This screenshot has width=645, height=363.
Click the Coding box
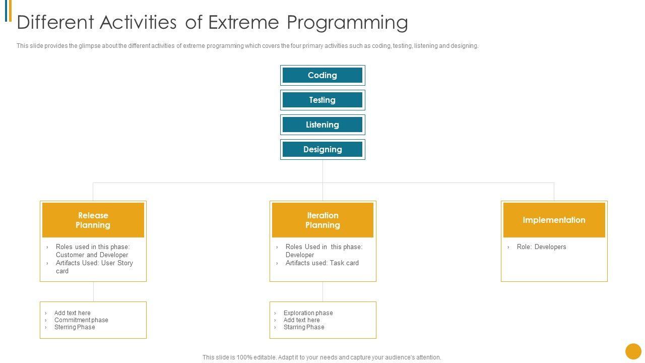322,75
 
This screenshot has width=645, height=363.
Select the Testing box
322,100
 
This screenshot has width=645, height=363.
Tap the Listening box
322,125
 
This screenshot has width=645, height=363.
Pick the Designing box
322,150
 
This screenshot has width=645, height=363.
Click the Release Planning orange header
93,220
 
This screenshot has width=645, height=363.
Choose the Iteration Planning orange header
322,220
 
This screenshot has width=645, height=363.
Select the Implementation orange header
554,220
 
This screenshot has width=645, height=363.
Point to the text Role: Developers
541,247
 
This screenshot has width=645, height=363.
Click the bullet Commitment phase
81,320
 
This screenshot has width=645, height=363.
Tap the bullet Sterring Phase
75,327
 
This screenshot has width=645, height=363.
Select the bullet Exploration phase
308,313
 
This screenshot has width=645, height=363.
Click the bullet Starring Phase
304,327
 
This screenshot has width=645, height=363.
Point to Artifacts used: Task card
322,263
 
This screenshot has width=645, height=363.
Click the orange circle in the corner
633,351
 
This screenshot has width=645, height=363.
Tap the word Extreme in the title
243,22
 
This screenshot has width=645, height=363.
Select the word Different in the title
55,22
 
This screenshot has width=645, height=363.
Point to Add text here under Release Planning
72,313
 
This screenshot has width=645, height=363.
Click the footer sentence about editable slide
321,357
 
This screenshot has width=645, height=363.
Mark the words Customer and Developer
92,255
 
